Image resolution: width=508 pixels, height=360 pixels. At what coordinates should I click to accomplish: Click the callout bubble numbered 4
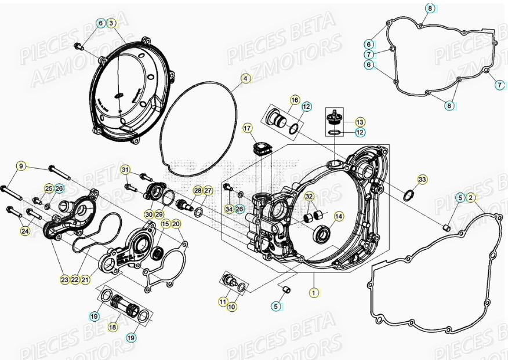[x=245, y=78]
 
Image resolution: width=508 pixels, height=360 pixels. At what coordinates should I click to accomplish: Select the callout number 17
[x=248, y=128]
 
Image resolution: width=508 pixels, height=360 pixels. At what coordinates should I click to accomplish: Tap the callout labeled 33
[x=422, y=179]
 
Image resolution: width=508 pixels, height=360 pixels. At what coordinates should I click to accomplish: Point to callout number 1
[x=314, y=293]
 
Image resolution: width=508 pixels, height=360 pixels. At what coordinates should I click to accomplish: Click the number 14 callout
[x=339, y=216]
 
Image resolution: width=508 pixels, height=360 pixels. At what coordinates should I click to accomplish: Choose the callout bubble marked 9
[x=21, y=167]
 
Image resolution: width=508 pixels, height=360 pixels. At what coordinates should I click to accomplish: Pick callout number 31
[x=125, y=169]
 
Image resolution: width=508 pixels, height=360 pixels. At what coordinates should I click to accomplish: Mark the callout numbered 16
[x=294, y=100]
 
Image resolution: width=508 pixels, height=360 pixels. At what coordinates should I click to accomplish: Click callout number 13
[x=360, y=122]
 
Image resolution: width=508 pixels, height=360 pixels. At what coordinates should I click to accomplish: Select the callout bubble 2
[x=471, y=198]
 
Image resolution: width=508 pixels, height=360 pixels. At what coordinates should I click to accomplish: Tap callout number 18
[x=113, y=327]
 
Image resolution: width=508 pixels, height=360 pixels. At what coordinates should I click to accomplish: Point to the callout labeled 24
[x=24, y=231]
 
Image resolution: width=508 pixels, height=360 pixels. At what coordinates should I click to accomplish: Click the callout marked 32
[x=309, y=196]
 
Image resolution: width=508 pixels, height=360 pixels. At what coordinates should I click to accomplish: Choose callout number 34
[x=229, y=209]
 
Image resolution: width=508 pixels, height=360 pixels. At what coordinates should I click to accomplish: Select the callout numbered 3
[x=112, y=23]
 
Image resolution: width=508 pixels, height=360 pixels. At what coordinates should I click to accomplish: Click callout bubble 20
[x=176, y=224]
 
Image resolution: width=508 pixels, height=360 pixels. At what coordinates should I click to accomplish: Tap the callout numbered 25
[x=49, y=188]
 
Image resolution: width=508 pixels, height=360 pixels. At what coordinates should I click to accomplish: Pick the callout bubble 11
[x=223, y=302]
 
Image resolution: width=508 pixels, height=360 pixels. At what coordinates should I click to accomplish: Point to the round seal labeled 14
[x=321, y=235]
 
